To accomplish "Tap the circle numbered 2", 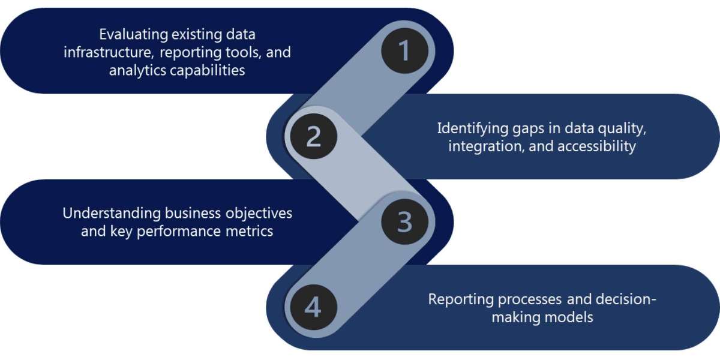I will pyautogui.click(x=313, y=137).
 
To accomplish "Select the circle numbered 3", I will pyautogui.click(x=404, y=222).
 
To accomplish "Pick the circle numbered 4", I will pyautogui.click(x=313, y=308).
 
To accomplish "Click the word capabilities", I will pyautogui.click(x=206, y=70).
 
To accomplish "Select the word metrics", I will pyautogui.click(x=250, y=231).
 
